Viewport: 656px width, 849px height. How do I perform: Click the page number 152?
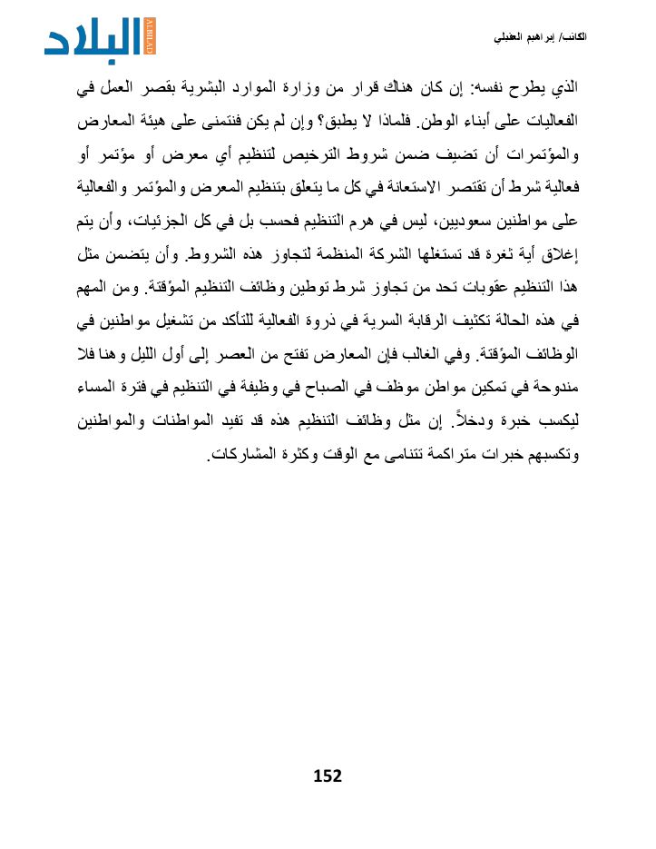(327, 775)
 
